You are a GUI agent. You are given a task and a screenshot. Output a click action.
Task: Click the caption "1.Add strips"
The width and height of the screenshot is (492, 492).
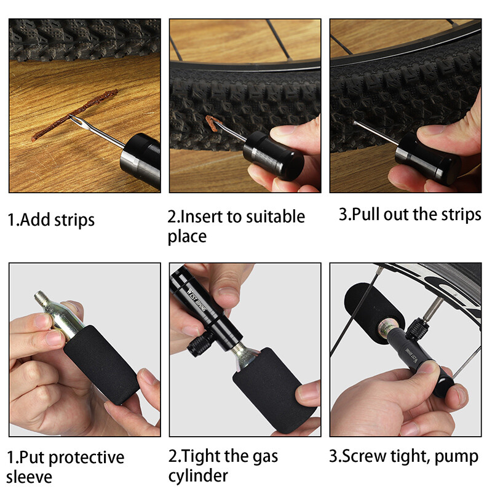(x=51, y=220)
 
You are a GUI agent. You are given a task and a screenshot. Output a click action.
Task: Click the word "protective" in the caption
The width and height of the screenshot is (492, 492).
(x=85, y=458)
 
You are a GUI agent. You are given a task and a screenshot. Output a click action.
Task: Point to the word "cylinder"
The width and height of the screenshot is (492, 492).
(x=197, y=475)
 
